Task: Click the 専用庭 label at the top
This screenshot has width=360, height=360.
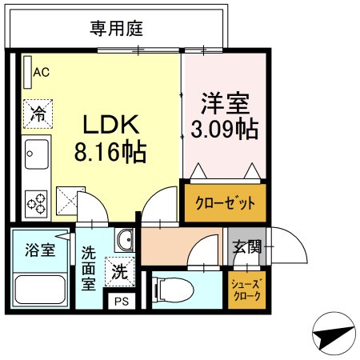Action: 116,30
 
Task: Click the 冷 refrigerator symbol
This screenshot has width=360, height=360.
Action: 37,112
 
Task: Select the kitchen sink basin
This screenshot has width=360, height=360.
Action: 37,151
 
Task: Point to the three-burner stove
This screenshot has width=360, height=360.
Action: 37,202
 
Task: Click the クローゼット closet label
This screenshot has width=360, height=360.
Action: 225,202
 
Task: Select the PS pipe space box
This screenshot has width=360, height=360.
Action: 121,302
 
